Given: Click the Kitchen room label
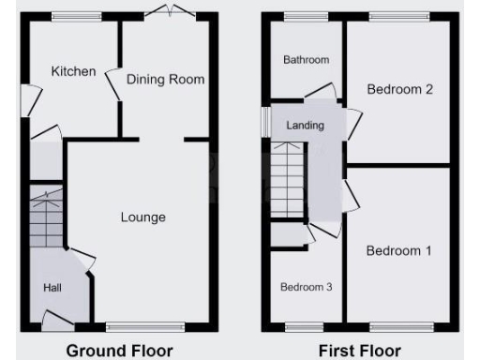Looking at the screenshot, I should click(73, 71).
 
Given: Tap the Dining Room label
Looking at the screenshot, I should click(165, 80).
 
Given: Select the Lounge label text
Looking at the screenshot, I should click(142, 217).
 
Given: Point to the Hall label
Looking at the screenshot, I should click(52, 288).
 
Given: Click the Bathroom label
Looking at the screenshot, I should click(306, 60).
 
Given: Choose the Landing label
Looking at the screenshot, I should click(305, 126).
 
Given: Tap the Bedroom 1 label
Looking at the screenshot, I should click(398, 250).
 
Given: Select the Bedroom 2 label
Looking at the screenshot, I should click(399, 90).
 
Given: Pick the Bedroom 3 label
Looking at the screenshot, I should click(307, 287).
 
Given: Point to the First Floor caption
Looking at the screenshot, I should click(359, 351).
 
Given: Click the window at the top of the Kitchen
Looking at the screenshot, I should click(68, 15).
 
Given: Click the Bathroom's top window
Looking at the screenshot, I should click(299, 15).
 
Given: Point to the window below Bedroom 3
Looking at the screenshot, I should click(303, 327).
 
